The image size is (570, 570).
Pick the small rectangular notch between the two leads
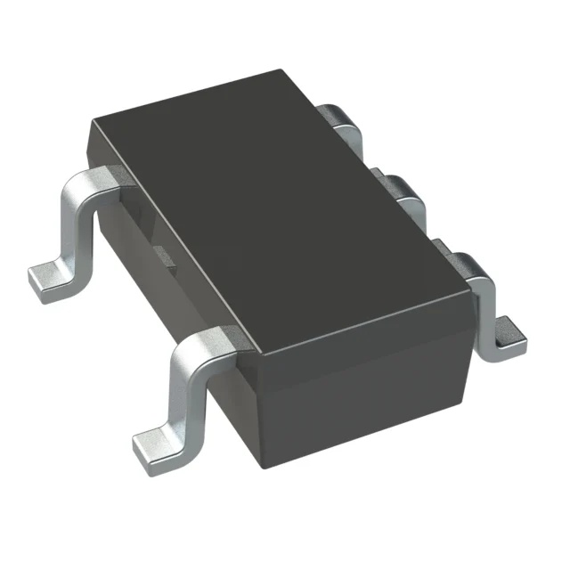tap(165, 256)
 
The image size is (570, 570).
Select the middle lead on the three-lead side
tap(401, 191)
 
